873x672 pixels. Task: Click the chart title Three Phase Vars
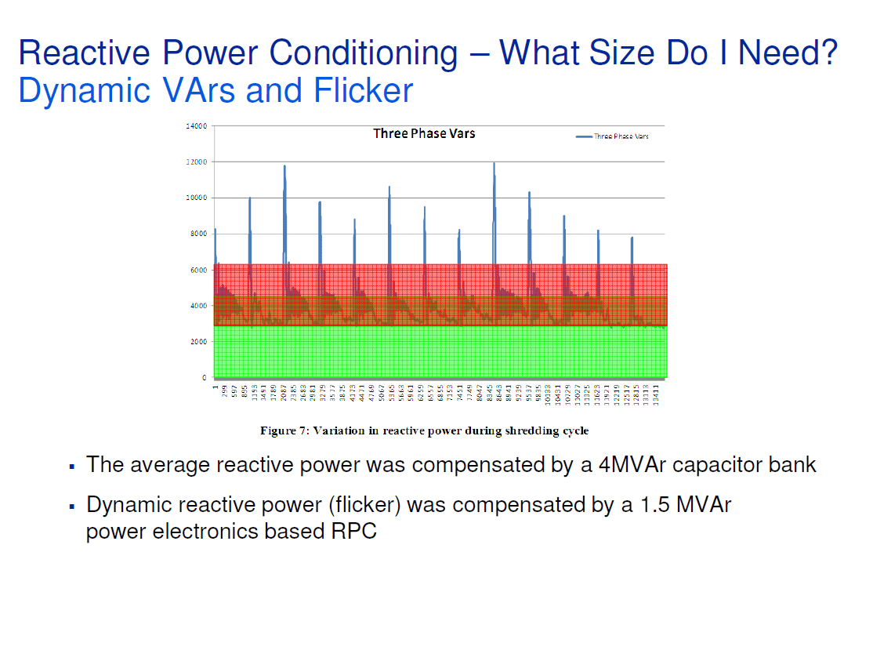pyautogui.click(x=424, y=133)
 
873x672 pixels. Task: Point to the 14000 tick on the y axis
pyautogui.click(x=196, y=126)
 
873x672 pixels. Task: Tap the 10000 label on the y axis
pyautogui.click(x=196, y=198)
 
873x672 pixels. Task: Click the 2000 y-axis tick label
pyautogui.click(x=197, y=342)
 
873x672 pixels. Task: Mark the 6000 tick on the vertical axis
pyautogui.click(x=197, y=270)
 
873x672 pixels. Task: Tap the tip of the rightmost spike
pyautogui.click(x=632, y=237)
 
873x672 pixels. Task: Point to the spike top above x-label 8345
pyautogui.click(x=494, y=162)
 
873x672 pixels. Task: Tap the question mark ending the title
pyautogui.click(x=828, y=53)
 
